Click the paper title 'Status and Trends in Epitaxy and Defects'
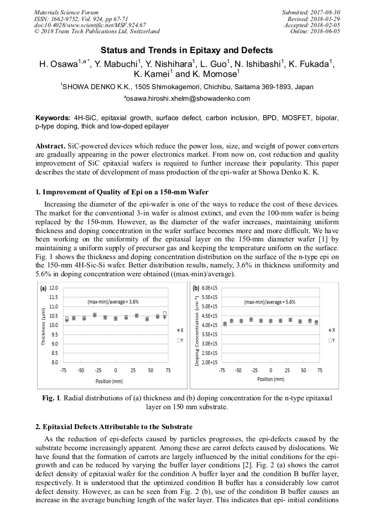pos(187,50)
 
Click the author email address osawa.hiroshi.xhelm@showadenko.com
pos(187,99)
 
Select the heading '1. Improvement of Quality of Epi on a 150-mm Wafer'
pos(121,192)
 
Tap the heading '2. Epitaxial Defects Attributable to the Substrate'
pos(118,427)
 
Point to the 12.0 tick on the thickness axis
pos(54,288)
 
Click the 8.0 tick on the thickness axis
pos(54,362)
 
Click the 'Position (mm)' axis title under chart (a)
pos(109,382)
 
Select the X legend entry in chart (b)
pos(331,330)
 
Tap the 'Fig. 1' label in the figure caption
pos(51,398)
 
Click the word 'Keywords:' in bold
pos(52,118)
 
